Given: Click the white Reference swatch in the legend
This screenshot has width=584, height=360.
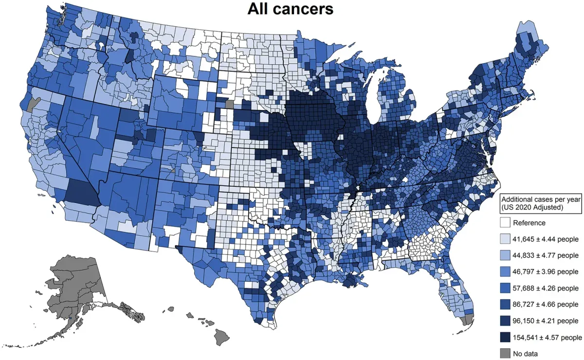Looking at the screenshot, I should click(506, 223).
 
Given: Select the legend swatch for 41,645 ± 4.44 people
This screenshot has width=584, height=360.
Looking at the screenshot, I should click(506, 239).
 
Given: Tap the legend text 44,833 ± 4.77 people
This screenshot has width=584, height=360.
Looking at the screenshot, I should click(547, 255).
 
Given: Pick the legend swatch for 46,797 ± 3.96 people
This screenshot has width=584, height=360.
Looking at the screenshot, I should click(506, 271).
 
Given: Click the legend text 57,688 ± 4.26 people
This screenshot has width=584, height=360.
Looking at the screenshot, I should click(547, 288).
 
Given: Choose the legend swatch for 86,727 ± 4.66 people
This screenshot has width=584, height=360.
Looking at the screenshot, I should click(506, 305).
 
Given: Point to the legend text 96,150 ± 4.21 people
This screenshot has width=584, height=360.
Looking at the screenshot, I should click(547, 321).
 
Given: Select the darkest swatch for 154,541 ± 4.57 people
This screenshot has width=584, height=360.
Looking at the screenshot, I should click(506, 337).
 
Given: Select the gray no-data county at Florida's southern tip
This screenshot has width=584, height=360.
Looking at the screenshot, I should click(468, 320).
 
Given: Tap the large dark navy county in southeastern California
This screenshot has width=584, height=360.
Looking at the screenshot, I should click(81, 192).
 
